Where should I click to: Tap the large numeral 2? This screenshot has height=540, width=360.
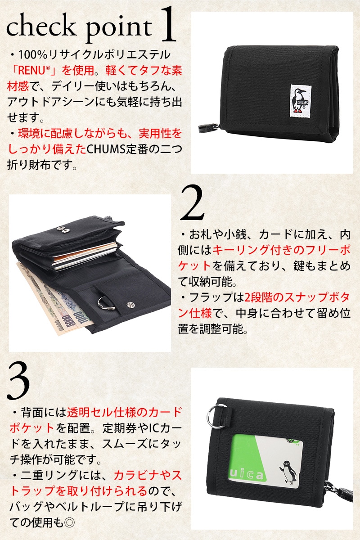coord(192,202)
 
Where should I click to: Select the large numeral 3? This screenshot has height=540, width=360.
coord(18,382)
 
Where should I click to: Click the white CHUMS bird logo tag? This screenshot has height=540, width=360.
coord(300,101)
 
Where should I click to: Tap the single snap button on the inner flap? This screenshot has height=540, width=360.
coord(130,305)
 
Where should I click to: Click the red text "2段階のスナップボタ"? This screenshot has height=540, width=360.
coord(297,297)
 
